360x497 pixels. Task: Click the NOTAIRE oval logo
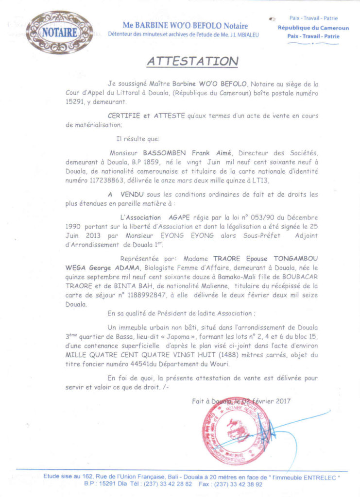(x=59, y=33)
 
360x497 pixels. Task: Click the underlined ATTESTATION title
(x=193, y=61)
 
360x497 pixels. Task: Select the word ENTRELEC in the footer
(x=316, y=477)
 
